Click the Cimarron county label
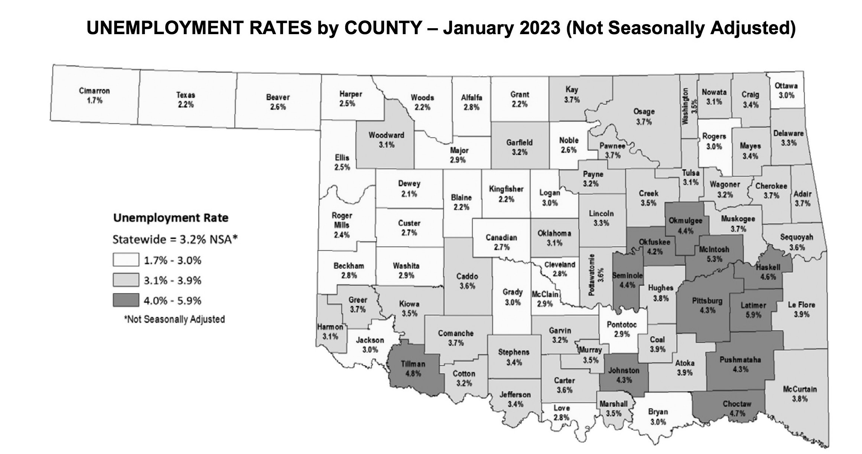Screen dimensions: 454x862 94,91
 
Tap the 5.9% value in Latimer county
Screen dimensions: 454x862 753,315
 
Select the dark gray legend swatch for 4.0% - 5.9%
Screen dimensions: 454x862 126,300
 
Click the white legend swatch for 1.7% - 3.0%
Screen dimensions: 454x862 126,260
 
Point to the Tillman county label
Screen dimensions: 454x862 413,364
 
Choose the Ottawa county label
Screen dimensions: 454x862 786,86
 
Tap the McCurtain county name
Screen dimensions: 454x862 800,389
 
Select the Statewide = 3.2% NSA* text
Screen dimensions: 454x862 175,239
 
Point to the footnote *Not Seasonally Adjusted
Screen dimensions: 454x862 174,319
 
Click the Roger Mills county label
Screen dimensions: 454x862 342,220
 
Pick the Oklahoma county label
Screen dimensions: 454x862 554,233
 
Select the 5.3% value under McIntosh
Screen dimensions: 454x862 714,259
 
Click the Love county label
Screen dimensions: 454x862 561,408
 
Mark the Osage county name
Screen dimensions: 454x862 644,112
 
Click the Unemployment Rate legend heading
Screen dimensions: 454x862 170,218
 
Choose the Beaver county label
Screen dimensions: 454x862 278,97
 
